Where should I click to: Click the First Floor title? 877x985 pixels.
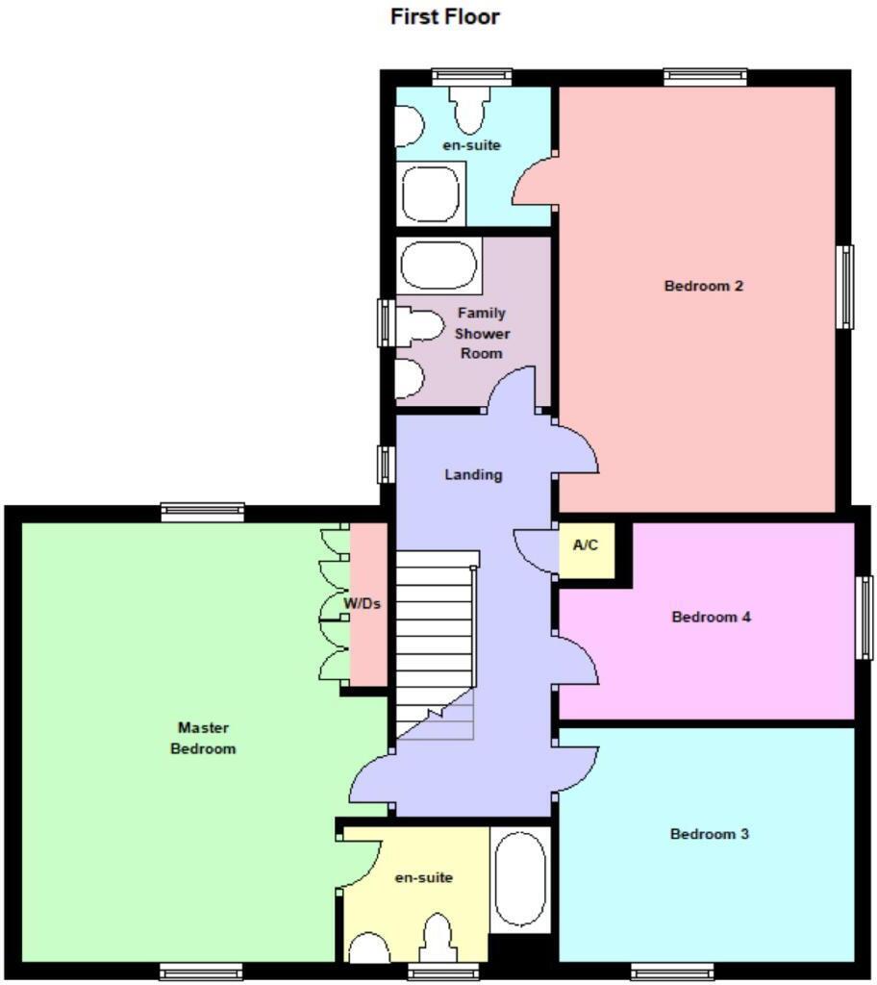(x=444, y=16)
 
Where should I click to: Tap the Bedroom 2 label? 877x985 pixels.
(x=704, y=286)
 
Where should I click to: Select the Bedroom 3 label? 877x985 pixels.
(x=709, y=834)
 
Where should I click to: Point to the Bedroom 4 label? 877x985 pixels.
(x=711, y=617)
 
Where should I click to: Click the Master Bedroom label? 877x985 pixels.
(x=203, y=738)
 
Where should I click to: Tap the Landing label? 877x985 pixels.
(x=473, y=474)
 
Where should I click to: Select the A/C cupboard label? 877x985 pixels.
(x=586, y=545)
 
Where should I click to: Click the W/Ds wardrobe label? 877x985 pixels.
(x=363, y=604)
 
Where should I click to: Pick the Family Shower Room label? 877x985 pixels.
(x=481, y=333)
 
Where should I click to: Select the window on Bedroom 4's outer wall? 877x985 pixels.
(x=864, y=618)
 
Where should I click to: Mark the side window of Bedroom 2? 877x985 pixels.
(x=844, y=287)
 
